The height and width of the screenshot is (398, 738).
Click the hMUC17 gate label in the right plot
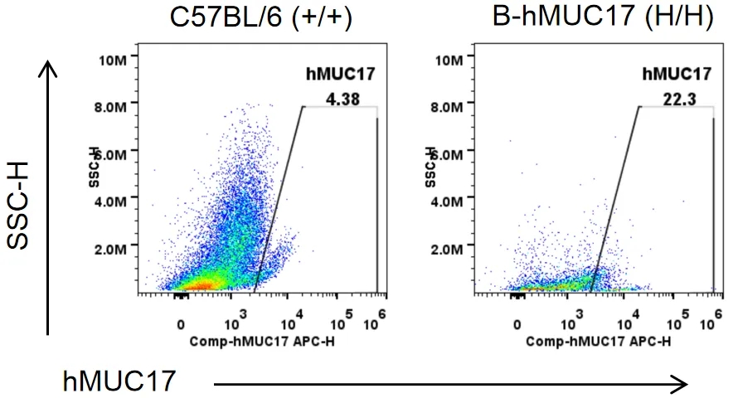tap(677, 75)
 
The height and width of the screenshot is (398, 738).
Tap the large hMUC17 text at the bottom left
tap(119, 381)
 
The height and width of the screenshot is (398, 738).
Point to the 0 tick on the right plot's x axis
tap(517, 324)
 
